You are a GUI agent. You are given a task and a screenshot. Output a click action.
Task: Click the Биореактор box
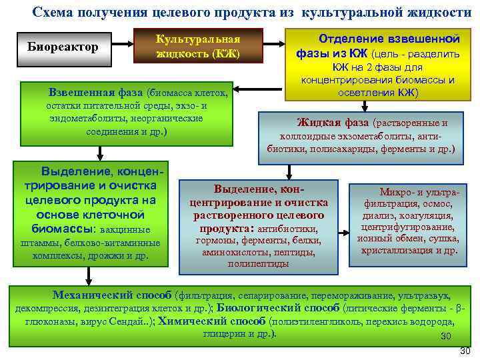click(x=63, y=47)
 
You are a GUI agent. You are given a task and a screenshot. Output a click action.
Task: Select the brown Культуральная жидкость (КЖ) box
click(x=197, y=47)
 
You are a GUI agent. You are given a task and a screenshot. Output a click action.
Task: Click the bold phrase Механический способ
click(x=113, y=295)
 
